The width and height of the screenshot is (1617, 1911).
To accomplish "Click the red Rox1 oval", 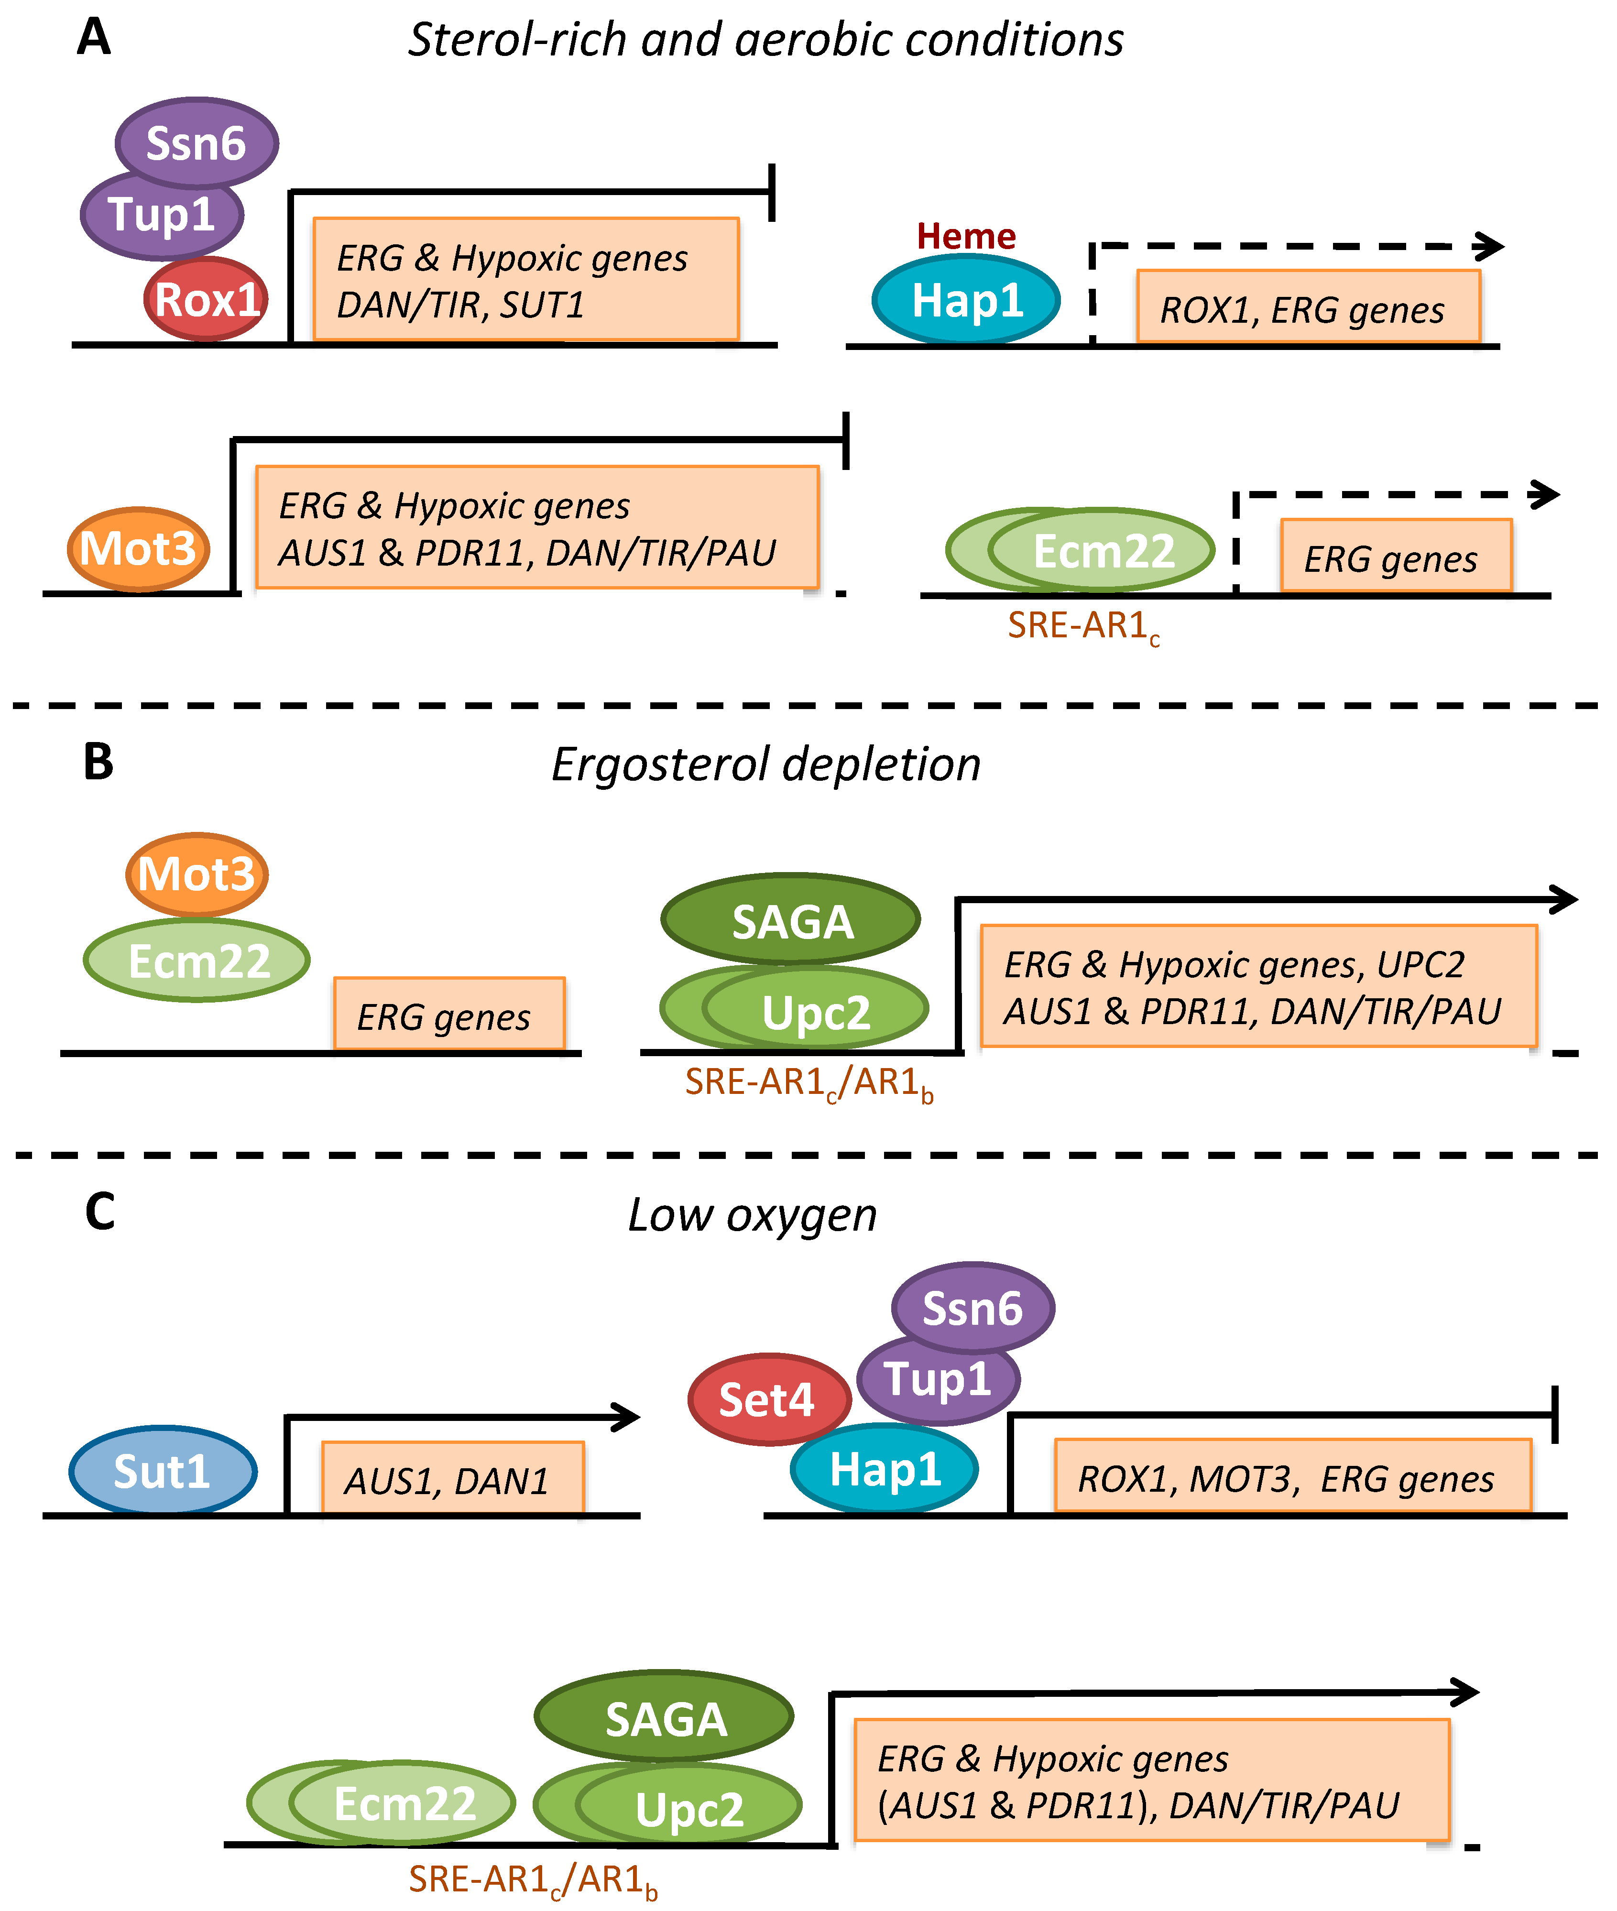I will (206, 299).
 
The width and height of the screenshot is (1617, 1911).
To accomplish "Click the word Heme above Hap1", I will (966, 237).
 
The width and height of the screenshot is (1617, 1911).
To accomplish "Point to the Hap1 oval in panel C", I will (885, 1469).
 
